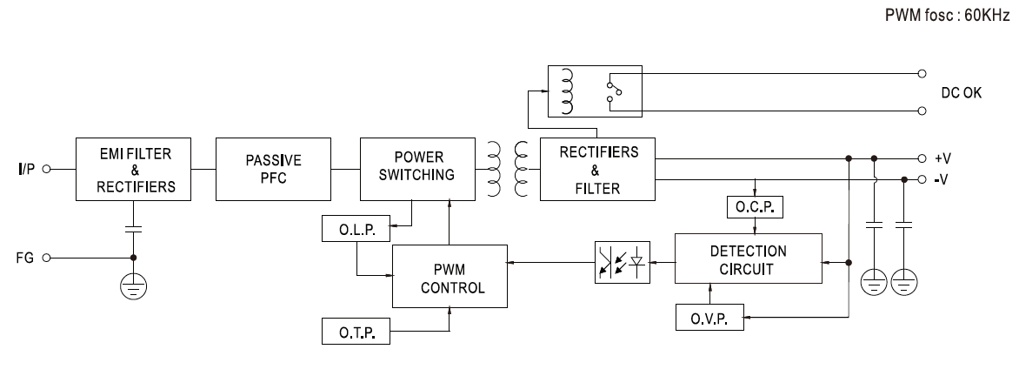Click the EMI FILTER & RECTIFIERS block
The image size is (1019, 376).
pyautogui.click(x=131, y=169)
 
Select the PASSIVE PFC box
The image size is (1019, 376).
pyautogui.click(x=273, y=169)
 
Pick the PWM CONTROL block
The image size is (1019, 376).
pyautogui.click(x=449, y=276)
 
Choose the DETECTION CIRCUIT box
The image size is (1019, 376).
pyautogui.click(x=749, y=259)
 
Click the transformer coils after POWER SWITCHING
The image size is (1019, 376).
pyautogui.click(x=509, y=169)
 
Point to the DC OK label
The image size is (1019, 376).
pyautogui.click(x=962, y=93)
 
